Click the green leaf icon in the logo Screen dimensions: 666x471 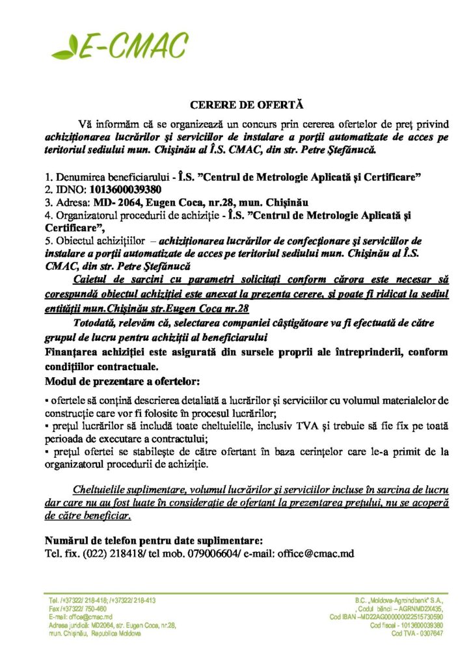[64, 48]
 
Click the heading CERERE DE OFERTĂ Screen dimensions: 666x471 [247, 104]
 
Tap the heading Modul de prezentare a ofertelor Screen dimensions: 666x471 [122, 380]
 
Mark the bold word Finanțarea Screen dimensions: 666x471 [74, 353]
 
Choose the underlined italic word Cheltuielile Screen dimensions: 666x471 [103, 488]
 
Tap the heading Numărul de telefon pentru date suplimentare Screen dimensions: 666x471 [154, 540]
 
